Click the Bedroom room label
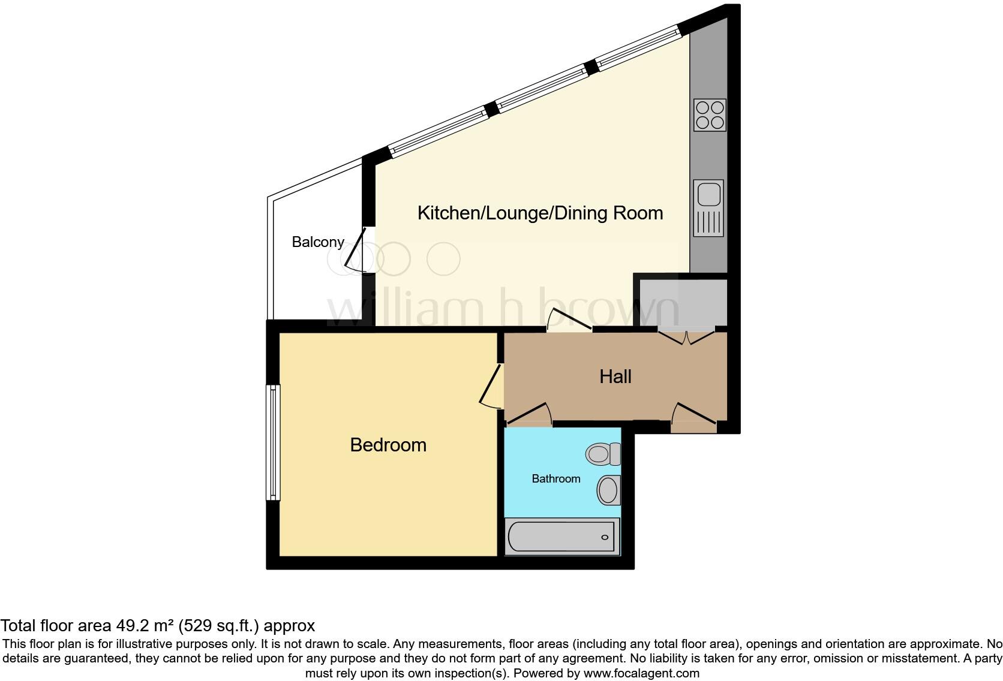(388, 445)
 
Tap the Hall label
(615, 376)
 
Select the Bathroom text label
(556, 478)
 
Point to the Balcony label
(318, 242)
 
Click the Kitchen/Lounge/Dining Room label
(540, 213)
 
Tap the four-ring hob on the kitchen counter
(710, 115)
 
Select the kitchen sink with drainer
(708, 208)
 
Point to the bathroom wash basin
(608, 490)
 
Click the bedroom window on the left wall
(273, 442)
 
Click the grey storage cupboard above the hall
(683, 303)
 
